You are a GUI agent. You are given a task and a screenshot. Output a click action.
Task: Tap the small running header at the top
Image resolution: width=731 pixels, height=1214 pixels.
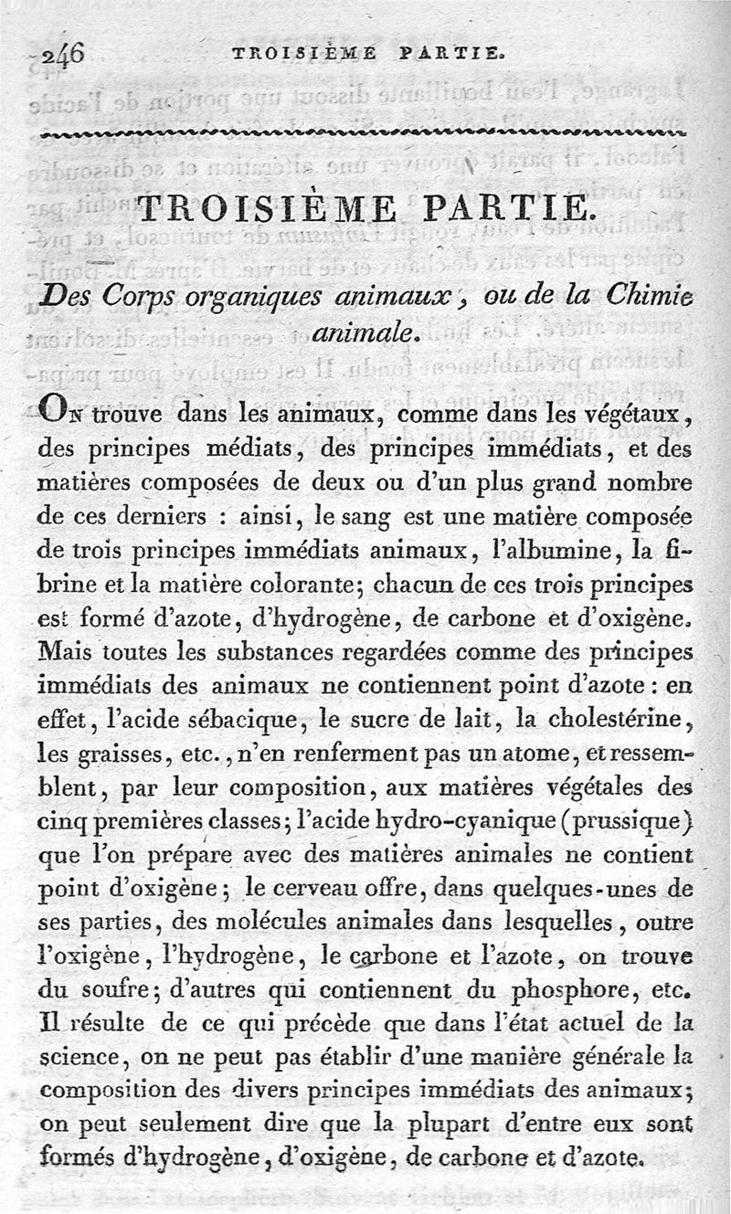point(366,54)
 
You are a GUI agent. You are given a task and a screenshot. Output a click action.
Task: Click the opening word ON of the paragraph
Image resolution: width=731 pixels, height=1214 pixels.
point(60,413)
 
